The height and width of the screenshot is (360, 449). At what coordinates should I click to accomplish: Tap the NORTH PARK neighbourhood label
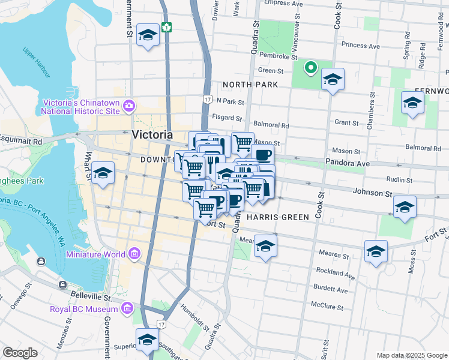(x=250, y=85)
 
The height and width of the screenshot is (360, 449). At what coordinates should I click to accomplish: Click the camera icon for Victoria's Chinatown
(x=128, y=107)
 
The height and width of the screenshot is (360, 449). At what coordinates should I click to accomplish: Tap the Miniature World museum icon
(x=134, y=254)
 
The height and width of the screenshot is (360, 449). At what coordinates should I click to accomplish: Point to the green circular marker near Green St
(x=310, y=68)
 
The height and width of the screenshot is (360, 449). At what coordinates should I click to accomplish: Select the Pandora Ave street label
(x=345, y=162)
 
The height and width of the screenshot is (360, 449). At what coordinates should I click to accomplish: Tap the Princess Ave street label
(x=360, y=46)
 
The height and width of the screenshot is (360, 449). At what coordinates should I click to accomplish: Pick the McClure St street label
(x=327, y=307)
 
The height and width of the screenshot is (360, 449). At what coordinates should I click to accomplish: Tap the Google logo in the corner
(x=20, y=352)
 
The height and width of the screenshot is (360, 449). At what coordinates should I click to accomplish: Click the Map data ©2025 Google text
(x=411, y=355)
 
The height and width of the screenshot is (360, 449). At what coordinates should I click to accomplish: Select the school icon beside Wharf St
(x=103, y=174)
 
